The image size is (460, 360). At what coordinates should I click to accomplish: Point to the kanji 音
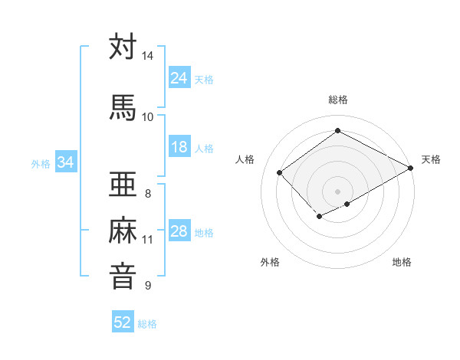pos(123,275)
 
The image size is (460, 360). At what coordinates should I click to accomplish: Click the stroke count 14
pos(148,56)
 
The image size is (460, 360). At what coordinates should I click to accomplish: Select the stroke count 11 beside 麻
pos(148,240)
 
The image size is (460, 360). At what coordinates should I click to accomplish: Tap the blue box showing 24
pos(179,78)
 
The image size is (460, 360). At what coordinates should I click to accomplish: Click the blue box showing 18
pos(179,148)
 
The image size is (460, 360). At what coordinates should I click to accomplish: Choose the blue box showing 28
pos(179,231)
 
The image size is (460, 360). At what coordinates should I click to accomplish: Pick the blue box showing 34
pos(66,162)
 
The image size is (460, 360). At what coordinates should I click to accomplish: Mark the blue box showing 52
pos(123,322)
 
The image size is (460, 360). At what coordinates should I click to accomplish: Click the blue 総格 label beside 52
pos(147,324)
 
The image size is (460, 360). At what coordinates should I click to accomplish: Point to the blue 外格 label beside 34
pos(41,163)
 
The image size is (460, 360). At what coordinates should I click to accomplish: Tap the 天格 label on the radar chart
pos(431,159)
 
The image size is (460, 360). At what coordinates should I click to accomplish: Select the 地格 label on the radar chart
pos(402,262)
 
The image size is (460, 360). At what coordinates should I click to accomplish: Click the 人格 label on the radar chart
pos(245,159)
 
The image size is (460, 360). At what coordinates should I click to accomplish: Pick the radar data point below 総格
pos(337,131)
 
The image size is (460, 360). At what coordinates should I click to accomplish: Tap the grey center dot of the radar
pos(337,190)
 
